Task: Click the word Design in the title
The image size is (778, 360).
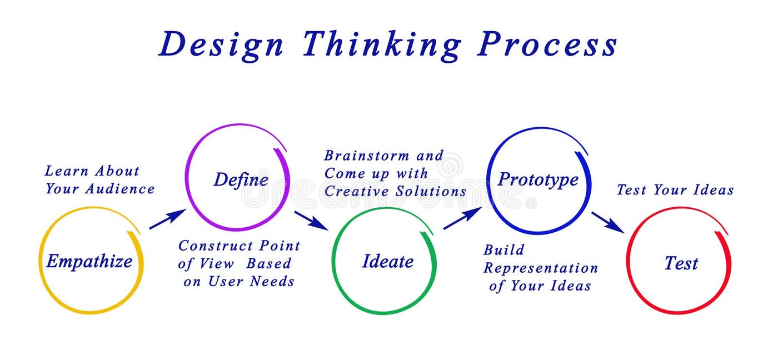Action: point(221,44)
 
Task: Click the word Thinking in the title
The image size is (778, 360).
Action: point(381,44)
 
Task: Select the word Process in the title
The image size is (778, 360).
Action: point(547,44)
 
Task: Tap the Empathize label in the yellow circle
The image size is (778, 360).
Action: point(89,261)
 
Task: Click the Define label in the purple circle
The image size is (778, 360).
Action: point(241,179)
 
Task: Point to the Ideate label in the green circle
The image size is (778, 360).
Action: point(387,261)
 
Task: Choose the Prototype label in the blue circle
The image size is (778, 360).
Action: point(537,179)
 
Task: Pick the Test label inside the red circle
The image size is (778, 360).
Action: point(681,263)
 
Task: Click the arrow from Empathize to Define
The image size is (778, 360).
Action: point(167,219)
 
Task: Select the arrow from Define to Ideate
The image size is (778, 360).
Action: point(311,220)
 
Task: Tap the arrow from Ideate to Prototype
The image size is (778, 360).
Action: point(462,218)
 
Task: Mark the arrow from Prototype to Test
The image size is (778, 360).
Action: point(607,222)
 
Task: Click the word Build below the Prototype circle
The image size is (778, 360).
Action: point(503,250)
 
